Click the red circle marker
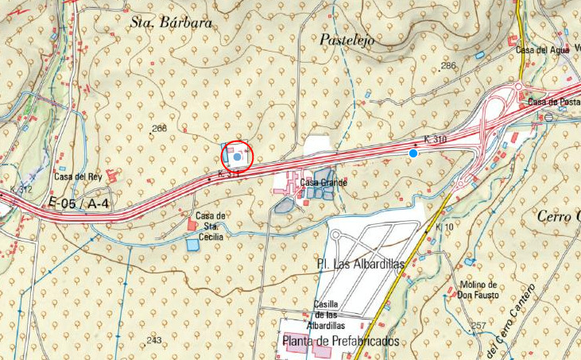click(x=236, y=157)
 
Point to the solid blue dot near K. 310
click(x=413, y=153)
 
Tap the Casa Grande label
click(x=323, y=183)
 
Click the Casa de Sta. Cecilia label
click(x=211, y=226)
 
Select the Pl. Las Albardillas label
click(x=361, y=263)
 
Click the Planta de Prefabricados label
click(x=339, y=341)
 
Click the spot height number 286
click(x=449, y=65)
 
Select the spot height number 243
click(x=154, y=340)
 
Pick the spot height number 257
click(x=478, y=326)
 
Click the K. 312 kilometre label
click(x=21, y=189)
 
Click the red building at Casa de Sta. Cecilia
click(x=192, y=226)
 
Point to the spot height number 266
click(x=159, y=129)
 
